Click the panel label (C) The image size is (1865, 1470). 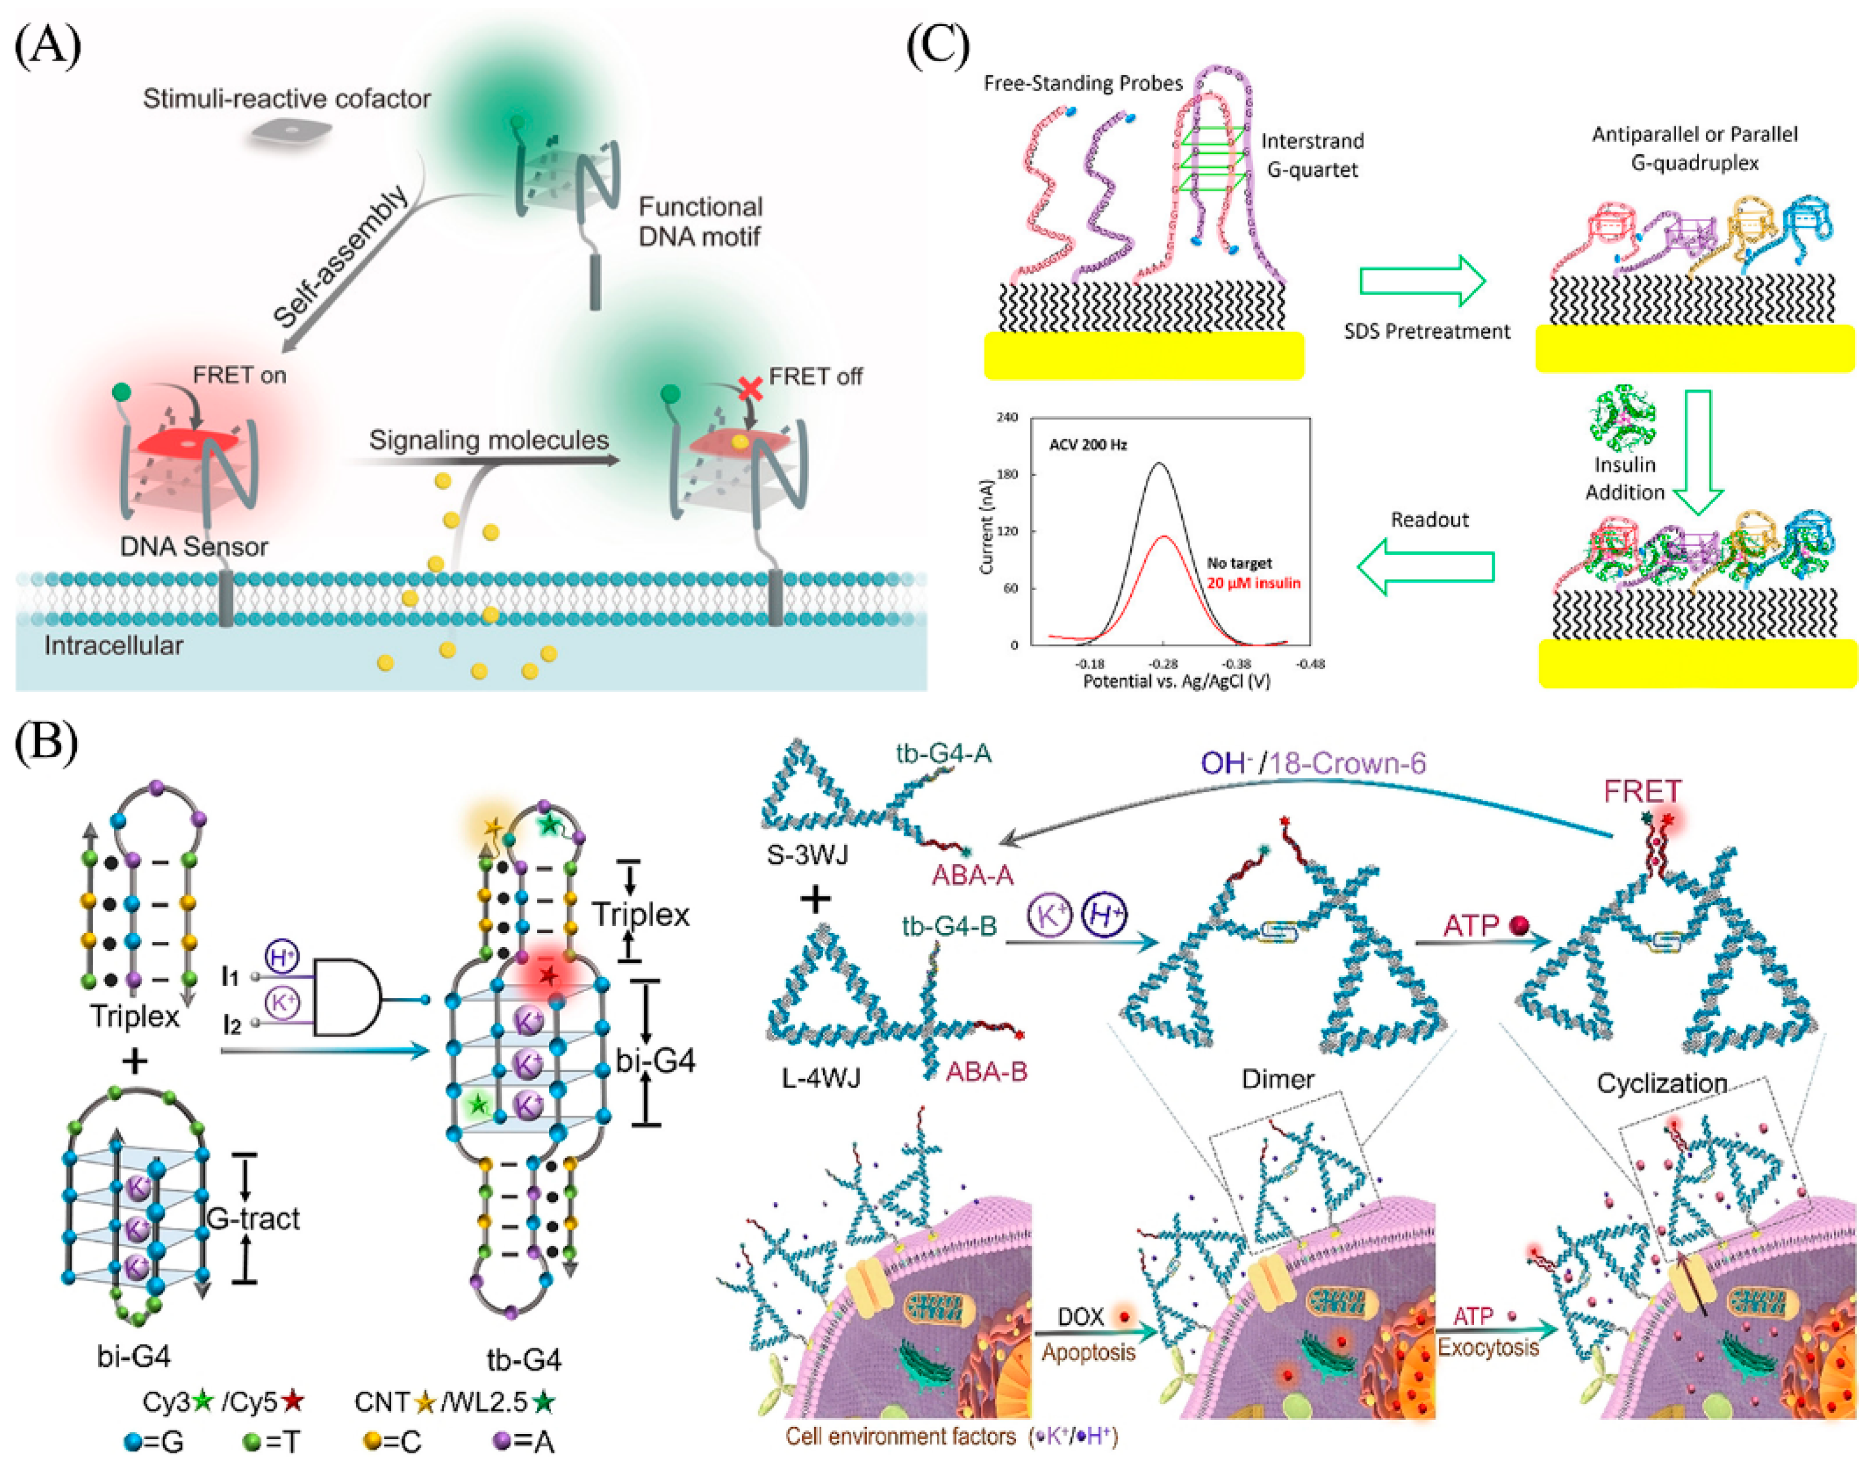coord(937,45)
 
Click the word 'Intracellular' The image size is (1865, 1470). coord(114,645)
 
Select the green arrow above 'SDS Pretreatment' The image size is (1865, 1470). coord(1422,280)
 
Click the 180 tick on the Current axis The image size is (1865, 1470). coord(1007,474)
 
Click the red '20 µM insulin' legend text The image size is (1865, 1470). coord(1252,583)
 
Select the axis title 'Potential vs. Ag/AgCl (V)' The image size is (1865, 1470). coord(1176,682)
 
